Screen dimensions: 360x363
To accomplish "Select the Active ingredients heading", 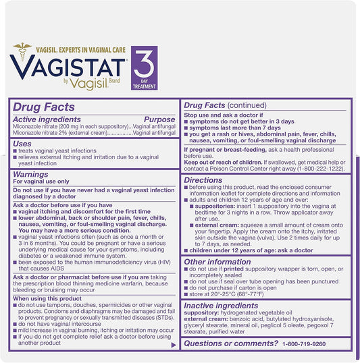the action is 51,119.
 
